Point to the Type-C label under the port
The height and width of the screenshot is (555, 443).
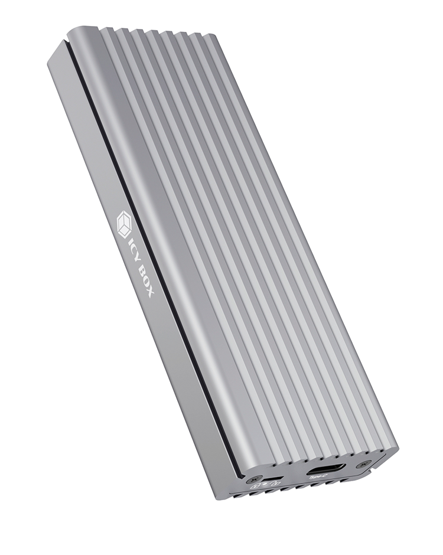coord(318,476)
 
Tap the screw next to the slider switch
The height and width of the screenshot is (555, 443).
coord(255,478)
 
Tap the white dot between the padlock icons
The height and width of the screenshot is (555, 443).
coord(265,485)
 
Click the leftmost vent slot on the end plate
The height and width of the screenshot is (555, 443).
coord(239,495)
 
